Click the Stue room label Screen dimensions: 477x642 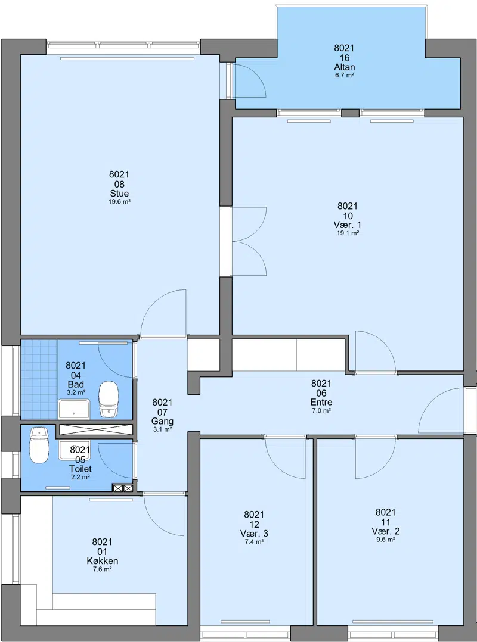[x=119, y=194]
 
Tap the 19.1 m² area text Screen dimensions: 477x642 [x=348, y=233]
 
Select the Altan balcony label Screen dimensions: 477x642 [x=344, y=67]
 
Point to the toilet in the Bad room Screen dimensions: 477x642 [x=109, y=399]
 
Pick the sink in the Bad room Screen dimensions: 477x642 [x=74, y=409]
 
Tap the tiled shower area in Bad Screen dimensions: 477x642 [x=39, y=379]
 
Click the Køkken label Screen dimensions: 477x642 [x=103, y=561]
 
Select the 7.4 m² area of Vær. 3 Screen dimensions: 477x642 [x=254, y=542]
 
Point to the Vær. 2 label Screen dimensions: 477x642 [x=386, y=531]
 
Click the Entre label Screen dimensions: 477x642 [x=321, y=402]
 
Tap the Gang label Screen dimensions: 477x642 [x=162, y=421]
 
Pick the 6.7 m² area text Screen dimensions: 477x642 [x=344, y=75]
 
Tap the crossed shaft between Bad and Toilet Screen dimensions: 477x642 [x=97, y=429]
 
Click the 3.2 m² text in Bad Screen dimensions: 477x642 [x=76, y=392]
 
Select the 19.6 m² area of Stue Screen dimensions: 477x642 [x=120, y=202]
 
